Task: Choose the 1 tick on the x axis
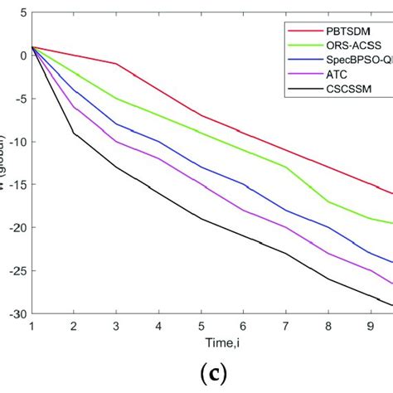coord(31,326)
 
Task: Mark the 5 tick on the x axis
coord(200,326)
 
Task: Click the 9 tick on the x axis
coord(370,326)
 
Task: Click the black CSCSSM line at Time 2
coord(73,133)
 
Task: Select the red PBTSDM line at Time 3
coord(116,64)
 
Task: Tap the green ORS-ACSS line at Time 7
coord(285,167)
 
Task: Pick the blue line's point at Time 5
coord(200,167)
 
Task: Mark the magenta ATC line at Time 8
coord(327,253)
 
